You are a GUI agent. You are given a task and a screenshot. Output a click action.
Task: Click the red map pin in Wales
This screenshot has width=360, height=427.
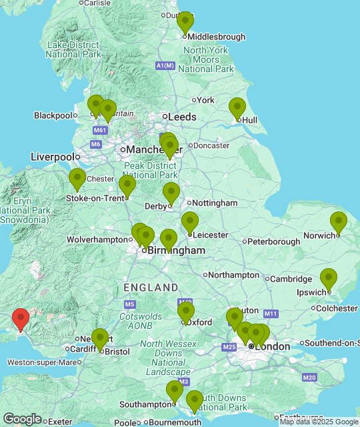[21, 319]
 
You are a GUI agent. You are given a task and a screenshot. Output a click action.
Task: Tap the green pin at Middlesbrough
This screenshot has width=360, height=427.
[185, 22]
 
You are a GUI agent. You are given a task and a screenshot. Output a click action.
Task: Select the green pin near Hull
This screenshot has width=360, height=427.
[237, 107]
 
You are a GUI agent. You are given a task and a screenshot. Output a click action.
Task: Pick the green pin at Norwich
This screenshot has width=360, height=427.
[339, 222]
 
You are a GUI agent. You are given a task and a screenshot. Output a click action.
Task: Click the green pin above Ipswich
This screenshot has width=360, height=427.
[329, 279]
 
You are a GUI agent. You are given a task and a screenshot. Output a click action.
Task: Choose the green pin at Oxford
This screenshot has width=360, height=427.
[186, 312]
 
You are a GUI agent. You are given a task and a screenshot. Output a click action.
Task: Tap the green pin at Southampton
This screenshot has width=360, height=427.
[175, 391]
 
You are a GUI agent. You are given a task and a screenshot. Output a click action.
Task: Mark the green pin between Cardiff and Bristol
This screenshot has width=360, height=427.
[100, 339]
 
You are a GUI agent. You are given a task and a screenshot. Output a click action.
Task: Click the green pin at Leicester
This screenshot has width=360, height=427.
[190, 222]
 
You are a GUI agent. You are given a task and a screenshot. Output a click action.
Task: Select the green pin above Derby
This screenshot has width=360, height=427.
[171, 193]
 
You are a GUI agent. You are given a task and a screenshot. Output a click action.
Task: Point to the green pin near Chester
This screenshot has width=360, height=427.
[77, 179]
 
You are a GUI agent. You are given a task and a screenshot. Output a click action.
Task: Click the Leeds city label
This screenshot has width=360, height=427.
[182, 117]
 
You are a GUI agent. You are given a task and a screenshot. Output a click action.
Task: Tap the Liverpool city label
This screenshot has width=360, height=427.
[52, 157]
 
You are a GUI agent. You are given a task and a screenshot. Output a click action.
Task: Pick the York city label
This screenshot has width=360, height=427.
[205, 100]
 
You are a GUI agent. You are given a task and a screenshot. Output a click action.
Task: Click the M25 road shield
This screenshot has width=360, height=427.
[230, 347]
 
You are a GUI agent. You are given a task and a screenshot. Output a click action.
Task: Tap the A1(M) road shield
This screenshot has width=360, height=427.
[165, 65]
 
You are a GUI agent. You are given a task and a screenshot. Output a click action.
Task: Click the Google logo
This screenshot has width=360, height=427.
[22, 419]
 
